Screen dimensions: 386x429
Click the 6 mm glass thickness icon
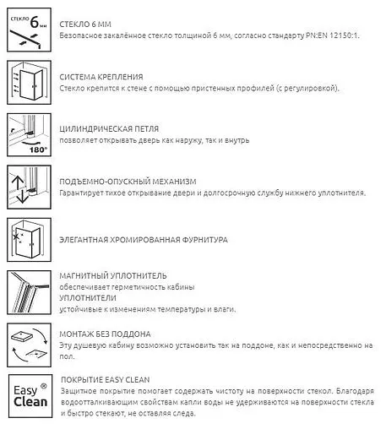28,31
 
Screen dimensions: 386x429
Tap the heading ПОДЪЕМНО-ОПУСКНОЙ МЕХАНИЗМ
129,182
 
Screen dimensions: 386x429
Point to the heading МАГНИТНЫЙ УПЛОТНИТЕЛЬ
114,275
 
